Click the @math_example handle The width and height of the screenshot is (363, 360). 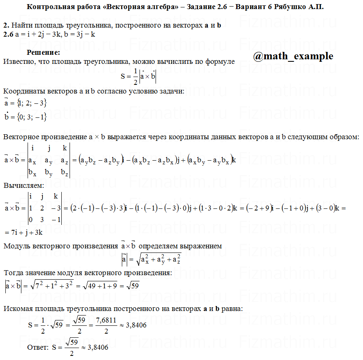pos(293,56)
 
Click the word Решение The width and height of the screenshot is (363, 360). pos(43,53)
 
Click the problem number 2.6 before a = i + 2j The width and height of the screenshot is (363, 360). pos(8,35)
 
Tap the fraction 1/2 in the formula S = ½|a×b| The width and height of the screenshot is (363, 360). pos(135,76)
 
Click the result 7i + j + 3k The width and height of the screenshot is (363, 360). pos(26,233)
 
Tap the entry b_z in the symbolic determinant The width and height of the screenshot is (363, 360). pos(65,172)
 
